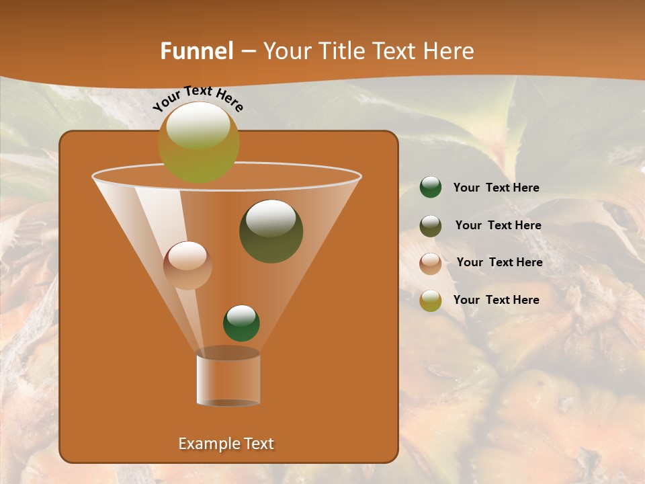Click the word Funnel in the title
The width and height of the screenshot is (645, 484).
click(x=197, y=51)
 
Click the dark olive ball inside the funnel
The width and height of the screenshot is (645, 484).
click(x=271, y=231)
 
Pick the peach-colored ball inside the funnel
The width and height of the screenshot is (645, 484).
click(x=187, y=266)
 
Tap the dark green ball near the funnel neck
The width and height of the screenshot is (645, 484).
click(x=241, y=323)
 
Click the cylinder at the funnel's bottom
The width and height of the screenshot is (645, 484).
click(x=228, y=378)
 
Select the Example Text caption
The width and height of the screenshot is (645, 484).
click(x=226, y=444)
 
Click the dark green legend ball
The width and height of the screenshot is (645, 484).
click(x=431, y=188)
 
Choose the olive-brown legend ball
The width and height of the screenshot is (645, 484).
click(x=431, y=226)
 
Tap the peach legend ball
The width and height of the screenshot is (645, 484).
click(x=431, y=264)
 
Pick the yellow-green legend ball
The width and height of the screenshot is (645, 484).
click(x=431, y=300)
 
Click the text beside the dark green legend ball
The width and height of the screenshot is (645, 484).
click(x=496, y=188)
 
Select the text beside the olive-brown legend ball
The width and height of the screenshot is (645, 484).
click(x=498, y=225)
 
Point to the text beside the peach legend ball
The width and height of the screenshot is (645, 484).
click(x=499, y=262)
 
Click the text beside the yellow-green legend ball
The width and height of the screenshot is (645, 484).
click(x=496, y=300)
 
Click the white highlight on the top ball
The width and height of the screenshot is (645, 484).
click(x=198, y=126)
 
